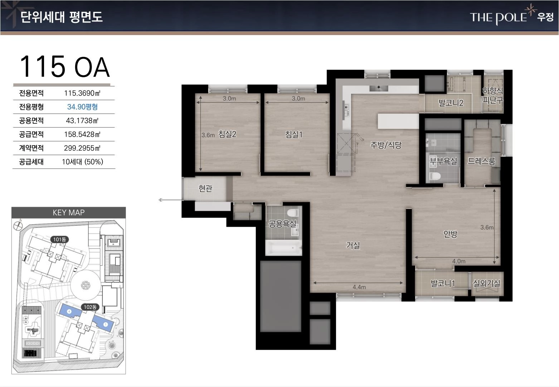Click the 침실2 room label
pos(227,134)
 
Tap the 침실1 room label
pos(294,134)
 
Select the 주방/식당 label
pos(386,145)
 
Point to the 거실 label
pos(353,245)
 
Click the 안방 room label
pos(450,234)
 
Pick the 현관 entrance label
pos(205,188)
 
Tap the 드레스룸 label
pos(481,161)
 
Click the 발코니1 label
pos(443,283)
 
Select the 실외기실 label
pos(486,283)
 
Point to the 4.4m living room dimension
pos(359,287)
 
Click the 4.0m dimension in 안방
pos(459,261)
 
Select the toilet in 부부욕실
pos(435,176)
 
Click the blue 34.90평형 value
pos(82,107)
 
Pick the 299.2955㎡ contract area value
pos(82,148)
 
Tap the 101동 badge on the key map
pos(59,239)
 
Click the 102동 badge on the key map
pos(90,307)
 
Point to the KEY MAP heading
pos(69,212)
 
